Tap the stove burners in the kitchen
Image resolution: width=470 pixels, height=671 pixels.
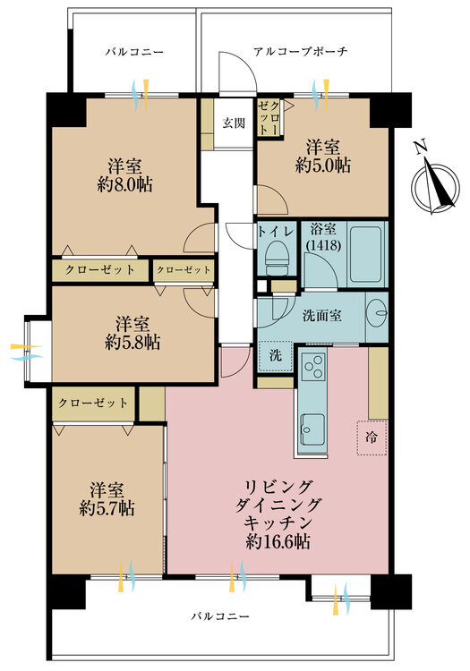(x=313, y=367)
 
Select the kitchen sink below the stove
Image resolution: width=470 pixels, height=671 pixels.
(x=314, y=428)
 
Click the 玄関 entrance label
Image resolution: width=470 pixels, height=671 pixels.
(x=234, y=123)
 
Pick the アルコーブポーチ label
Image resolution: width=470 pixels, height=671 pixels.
(x=300, y=52)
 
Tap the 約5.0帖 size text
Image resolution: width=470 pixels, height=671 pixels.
(x=323, y=166)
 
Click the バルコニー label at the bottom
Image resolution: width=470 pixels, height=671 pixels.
(x=220, y=616)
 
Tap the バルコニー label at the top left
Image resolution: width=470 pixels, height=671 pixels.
(x=134, y=52)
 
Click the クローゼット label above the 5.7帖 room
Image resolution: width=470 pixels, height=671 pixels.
(x=93, y=403)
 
